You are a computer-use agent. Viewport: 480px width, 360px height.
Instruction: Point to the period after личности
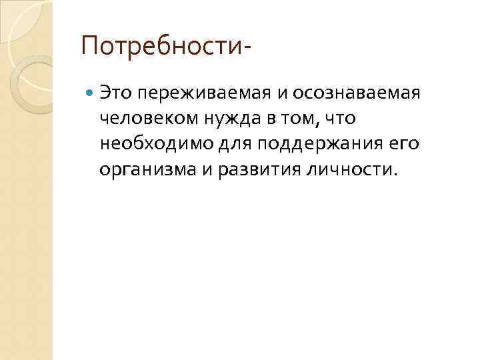coord(396,175)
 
